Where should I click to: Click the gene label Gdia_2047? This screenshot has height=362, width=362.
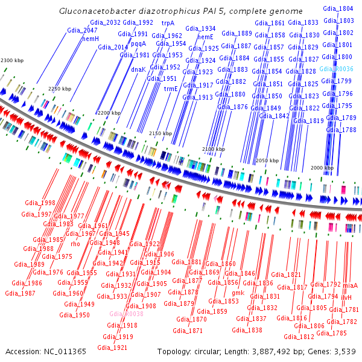tap(82, 30)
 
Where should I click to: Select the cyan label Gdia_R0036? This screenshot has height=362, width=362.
tap(335, 69)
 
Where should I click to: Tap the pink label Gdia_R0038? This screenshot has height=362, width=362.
tap(126, 314)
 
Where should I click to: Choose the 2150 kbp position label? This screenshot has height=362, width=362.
tap(160, 133)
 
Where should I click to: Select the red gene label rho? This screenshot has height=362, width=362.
tap(75, 244)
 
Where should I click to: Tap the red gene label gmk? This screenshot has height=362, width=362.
tap(238, 293)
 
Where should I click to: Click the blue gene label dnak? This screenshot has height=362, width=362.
tap(138, 69)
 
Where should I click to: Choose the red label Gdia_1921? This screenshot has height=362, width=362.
tap(112, 348)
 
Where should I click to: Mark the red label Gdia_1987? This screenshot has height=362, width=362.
tap(20, 293)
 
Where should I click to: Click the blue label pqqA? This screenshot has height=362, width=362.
tap(138, 43)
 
